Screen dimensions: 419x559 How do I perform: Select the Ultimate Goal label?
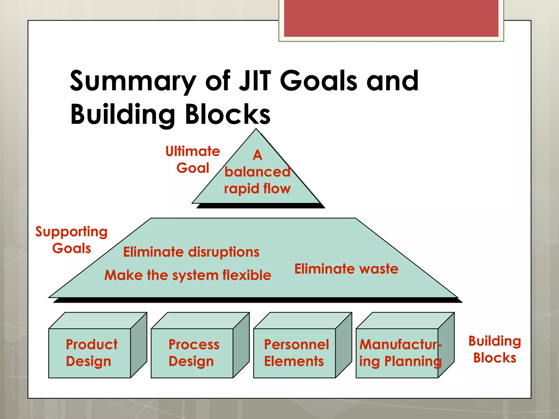pos(193,160)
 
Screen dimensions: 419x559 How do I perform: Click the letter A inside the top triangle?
pos(257,155)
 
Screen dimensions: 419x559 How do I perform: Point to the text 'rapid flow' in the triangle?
pos(257,188)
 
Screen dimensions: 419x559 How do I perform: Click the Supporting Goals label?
pos(72,240)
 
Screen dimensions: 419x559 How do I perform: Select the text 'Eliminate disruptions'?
pos(191,252)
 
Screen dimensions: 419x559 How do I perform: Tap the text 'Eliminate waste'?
pos(346,269)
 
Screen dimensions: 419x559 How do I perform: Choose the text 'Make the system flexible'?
pos(188,275)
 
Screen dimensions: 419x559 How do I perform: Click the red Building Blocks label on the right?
pos(495,349)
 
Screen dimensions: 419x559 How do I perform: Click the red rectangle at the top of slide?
pos(391,18)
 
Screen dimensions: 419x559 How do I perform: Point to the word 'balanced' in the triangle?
pos(257,172)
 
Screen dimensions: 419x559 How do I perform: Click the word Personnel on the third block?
pos(296,344)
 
